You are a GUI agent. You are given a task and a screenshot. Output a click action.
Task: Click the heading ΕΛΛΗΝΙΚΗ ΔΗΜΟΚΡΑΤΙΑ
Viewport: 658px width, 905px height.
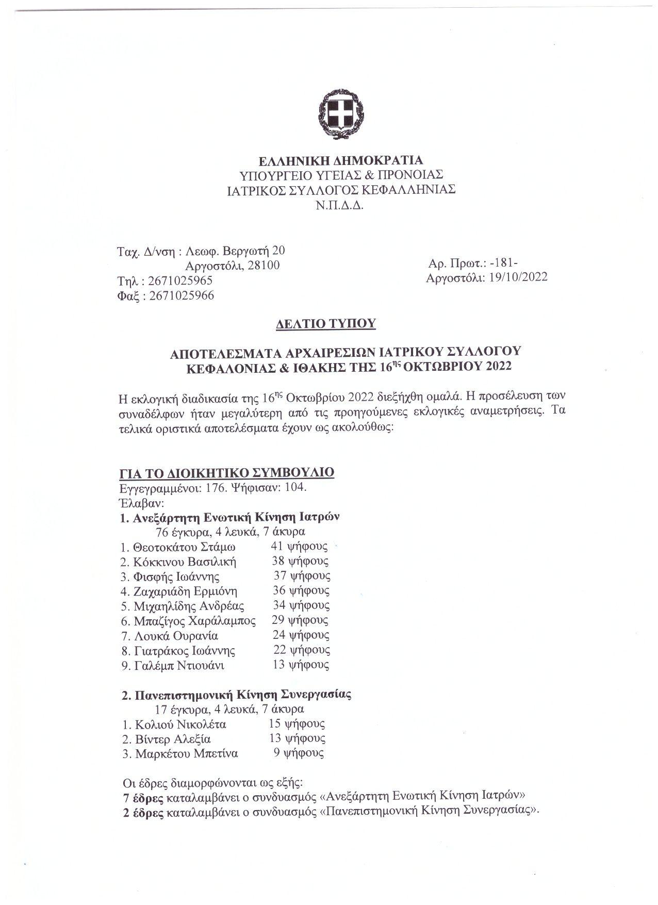coord(341,160)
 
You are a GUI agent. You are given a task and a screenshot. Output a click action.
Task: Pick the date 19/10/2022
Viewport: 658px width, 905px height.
coord(518,277)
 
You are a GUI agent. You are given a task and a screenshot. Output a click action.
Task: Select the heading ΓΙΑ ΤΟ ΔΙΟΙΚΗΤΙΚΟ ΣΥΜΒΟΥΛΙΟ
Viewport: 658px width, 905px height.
coord(227,472)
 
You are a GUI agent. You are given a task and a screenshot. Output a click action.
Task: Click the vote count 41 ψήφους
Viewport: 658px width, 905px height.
coord(299,546)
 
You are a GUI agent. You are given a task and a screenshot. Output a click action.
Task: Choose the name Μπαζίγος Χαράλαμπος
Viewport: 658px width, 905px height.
coord(194,621)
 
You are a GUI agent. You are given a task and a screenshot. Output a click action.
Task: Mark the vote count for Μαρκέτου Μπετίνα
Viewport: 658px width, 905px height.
coord(299,753)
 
